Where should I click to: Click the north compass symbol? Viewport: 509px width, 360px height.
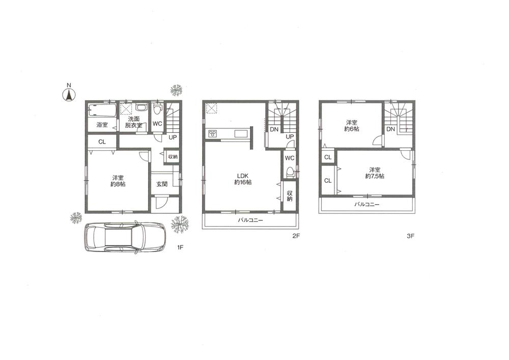pos(69,94)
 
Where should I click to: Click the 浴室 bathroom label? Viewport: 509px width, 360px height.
pos(102,125)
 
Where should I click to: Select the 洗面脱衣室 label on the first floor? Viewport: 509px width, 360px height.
pos(134,122)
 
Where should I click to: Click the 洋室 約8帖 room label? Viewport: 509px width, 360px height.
pos(118,181)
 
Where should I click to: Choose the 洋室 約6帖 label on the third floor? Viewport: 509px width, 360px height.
pos(351,126)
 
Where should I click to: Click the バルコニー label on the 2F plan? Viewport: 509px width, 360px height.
pos(250,221)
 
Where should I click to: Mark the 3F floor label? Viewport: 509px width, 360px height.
pos(411,236)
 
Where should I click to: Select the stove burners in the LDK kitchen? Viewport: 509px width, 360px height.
pos(212,134)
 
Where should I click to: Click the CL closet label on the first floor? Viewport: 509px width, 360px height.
pos(102,142)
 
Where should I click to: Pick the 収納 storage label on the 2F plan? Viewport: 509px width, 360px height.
pos(290,196)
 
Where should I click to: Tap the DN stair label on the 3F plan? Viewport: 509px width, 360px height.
pos(390,130)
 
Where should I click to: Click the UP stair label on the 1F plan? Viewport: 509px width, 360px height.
pos(173,137)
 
